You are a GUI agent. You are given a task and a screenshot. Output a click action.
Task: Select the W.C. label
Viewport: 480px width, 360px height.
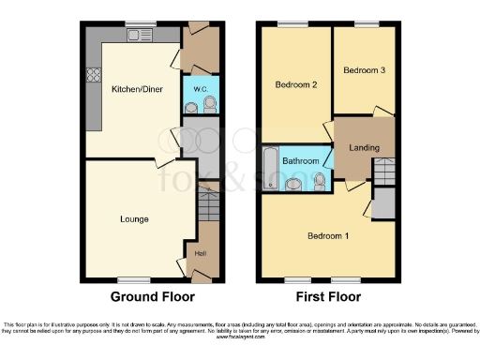click(x=200, y=89)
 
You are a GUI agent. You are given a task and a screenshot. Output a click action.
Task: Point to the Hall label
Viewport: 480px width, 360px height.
click(x=200, y=250)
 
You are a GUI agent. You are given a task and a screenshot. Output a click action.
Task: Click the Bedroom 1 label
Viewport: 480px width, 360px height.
click(x=328, y=235)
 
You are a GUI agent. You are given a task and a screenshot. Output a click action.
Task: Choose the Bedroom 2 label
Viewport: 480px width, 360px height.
click(x=294, y=85)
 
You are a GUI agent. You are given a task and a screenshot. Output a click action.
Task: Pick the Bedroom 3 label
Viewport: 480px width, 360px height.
click(x=363, y=70)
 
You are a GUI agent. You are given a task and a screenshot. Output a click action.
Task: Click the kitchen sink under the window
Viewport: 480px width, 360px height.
click(x=142, y=37)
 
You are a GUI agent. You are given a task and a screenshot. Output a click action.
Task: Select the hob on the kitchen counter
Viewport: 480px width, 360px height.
click(x=94, y=76)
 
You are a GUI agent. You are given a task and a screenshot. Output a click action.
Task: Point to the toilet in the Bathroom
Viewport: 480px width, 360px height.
click(x=322, y=179)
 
